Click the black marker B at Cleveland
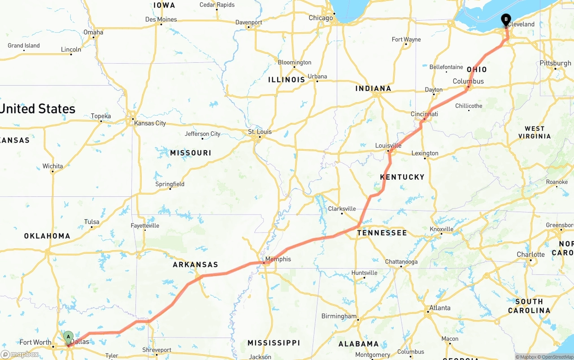pyautogui.click(x=506, y=20)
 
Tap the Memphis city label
pyautogui.click(x=278, y=259)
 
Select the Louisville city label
pyautogui.click(x=388, y=146)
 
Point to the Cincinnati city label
pyautogui.click(x=425, y=114)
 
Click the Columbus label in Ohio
pyautogui.click(x=468, y=81)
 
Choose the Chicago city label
pyautogui.click(x=321, y=18)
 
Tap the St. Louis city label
pyautogui.click(x=260, y=132)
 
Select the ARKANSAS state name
pyautogui.click(x=196, y=265)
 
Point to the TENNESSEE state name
pyautogui.click(x=382, y=233)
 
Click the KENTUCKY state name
pyautogui.click(x=402, y=177)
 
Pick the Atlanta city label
pyautogui.click(x=440, y=308)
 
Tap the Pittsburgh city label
pyautogui.click(x=555, y=63)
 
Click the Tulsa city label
pyautogui.click(x=91, y=222)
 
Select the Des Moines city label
pyautogui.click(x=161, y=19)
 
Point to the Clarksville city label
pyautogui.click(x=342, y=208)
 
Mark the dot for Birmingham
pyautogui.click(x=358, y=320)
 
